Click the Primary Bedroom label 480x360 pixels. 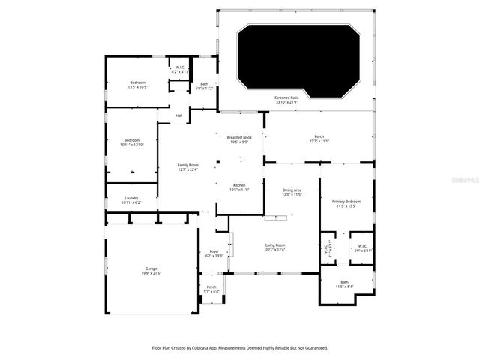(x=346, y=203)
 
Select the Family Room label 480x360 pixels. (x=188, y=166)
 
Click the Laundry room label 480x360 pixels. (x=130, y=200)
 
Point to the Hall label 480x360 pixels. (x=179, y=115)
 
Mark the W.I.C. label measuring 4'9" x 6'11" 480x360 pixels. (x=363, y=247)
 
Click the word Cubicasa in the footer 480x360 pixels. (x=212, y=348)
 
